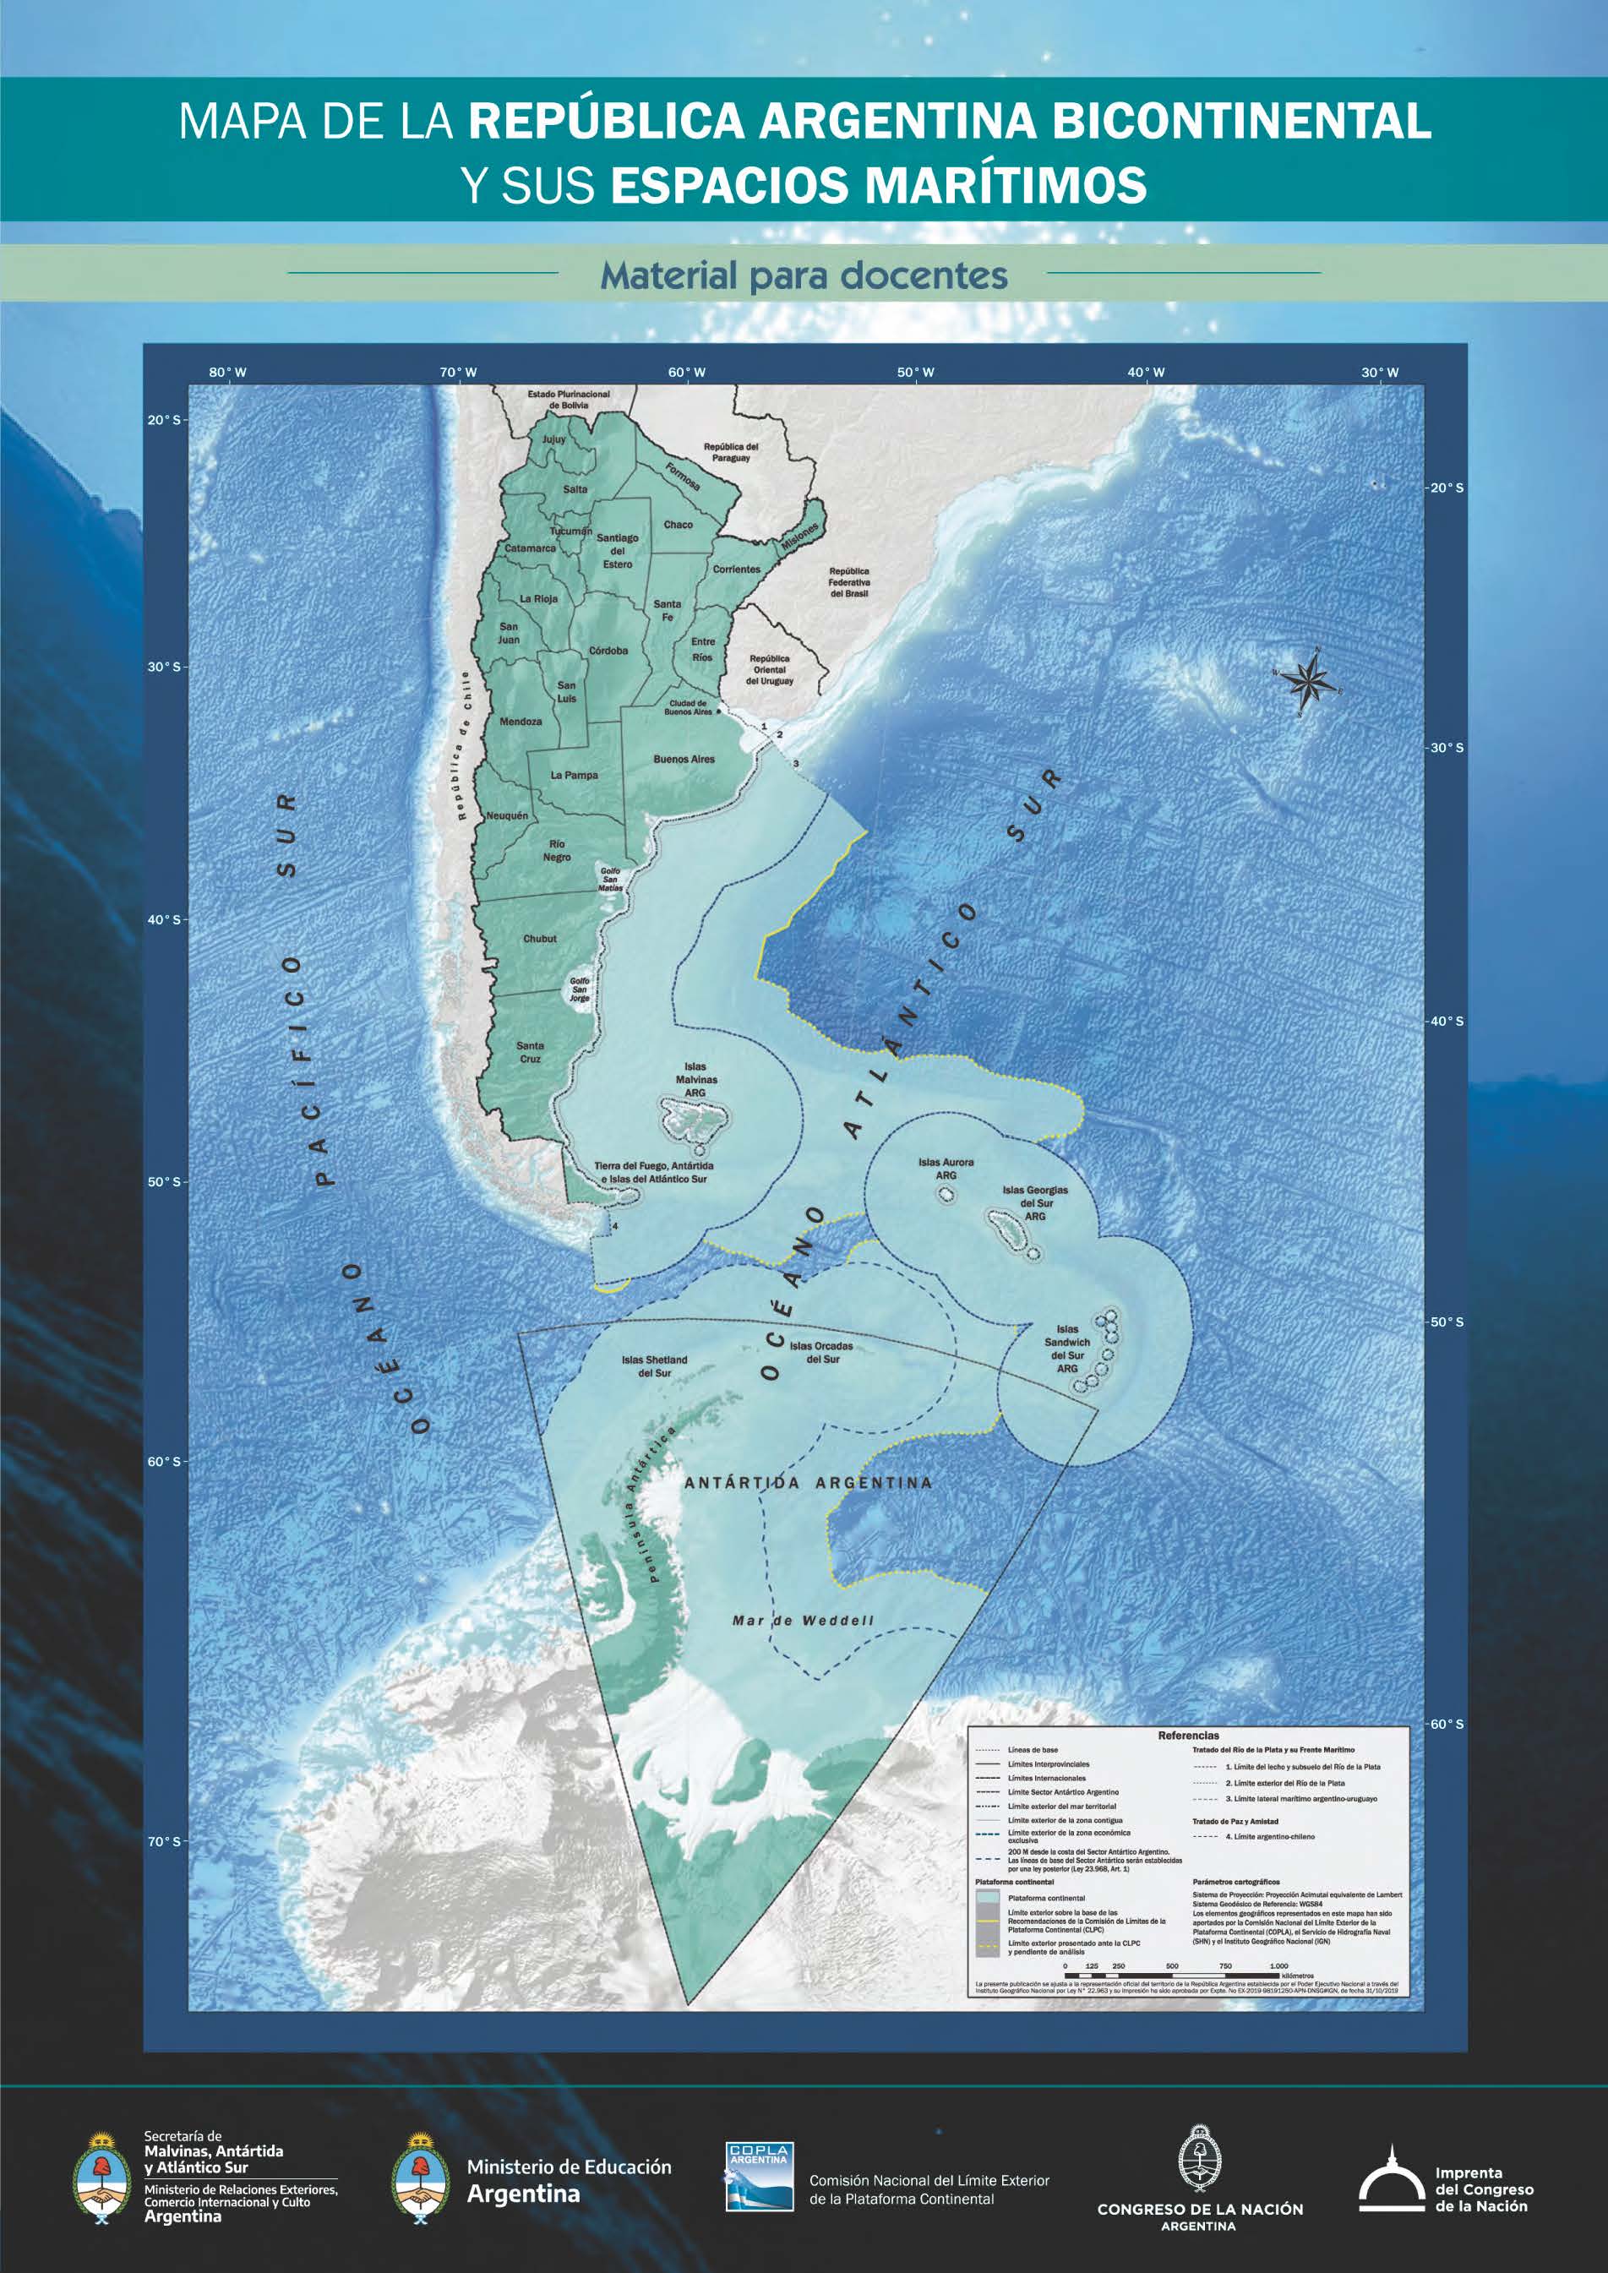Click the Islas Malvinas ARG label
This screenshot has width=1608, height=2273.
[x=696, y=1079]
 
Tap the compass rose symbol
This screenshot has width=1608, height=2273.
[x=1313, y=680]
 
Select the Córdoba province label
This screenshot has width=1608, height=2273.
[x=608, y=651]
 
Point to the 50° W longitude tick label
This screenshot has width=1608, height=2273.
[x=916, y=373]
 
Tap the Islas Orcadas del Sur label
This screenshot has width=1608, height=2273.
[x=820, y=1352]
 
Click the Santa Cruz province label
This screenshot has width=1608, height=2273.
[x=530, y=1051]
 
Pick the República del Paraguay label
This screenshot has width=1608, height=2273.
[x=731, y=451]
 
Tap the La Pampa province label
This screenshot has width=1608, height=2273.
[x=575, y=775]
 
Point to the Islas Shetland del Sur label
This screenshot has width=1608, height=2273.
[x=655, y=1366]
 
